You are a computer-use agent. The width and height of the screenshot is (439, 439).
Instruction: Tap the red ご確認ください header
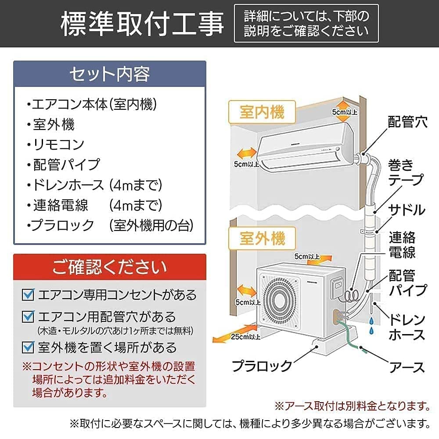pyautogui.click(x=109, y=266)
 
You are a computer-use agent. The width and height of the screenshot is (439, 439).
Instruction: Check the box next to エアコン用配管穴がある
pyautogui.click(x=29, y=316)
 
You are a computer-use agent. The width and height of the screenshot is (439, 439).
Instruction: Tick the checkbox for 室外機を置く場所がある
pyautogui.click(x=29, y=347)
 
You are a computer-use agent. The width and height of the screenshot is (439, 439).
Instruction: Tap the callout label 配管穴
pyautogui.click(x=407, y=122)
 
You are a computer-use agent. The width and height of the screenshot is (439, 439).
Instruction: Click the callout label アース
pyautogui.click(x=407, y=367)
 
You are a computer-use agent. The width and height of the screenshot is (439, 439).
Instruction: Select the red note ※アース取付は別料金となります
pyautogui.click(x=352, y=404)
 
